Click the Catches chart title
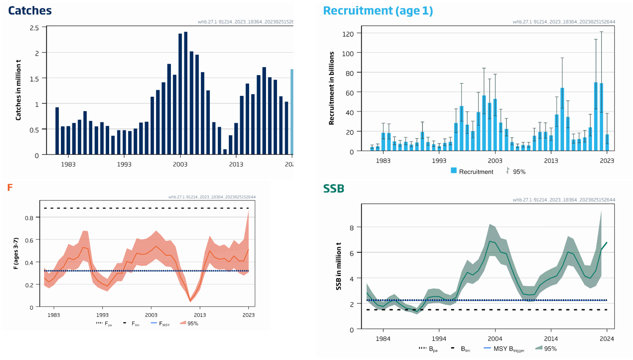pyautogui.click(x=30, y=11)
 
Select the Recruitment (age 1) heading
pyautogui.click(x=378, y=11)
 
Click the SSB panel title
pyautogui.click(x=334, y=189)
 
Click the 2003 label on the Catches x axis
pyautogui.click(x=180, y=164)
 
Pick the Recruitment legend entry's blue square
pyautogui.click(x=454, y=171)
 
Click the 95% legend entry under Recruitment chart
pyautogui.click(x=515, y=171)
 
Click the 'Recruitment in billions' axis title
pyautogui.click(x=331, y=88)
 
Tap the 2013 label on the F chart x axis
pyautogui.click(x=200, y=315)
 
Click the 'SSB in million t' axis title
pyautogui.click(x=339, y=266)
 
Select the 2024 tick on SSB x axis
pyautogui.click(x=606, y=338)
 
